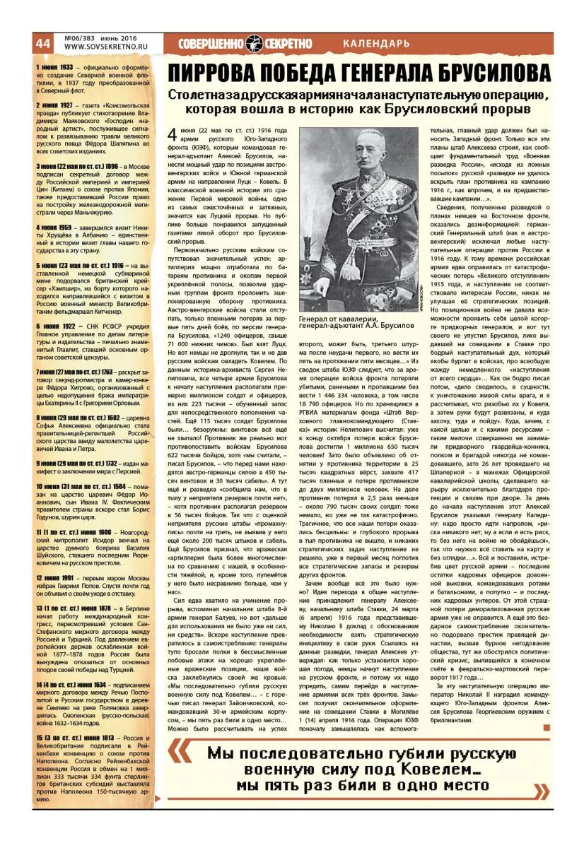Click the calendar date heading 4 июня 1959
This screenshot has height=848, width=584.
click(x=54, y=228)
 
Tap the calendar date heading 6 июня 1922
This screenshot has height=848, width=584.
click(x=54, y=326)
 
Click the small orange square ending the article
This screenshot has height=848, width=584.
click(x=545, y=726)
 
